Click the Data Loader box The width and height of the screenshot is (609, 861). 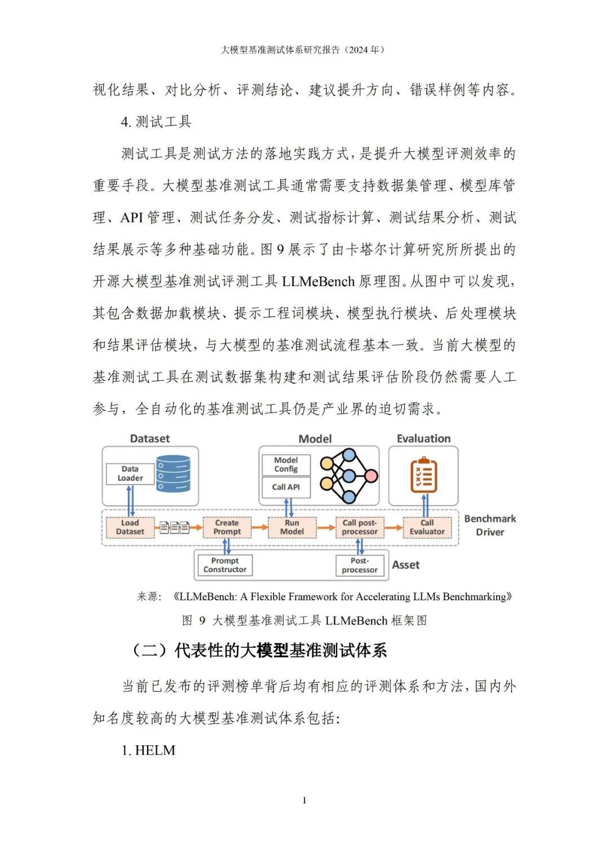coord(130,473)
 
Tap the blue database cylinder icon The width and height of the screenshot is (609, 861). coord(173,474)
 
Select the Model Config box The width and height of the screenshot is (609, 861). coord(286,464)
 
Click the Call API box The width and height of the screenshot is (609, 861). coord(286,487)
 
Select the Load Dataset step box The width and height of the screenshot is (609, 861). coord(130,527)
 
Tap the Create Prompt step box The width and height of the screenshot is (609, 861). coord(227,527)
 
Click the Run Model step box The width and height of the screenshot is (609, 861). coord(292,527)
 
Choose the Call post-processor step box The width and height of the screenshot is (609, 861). coord(360,527)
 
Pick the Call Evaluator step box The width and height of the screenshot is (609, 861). coord(427,527)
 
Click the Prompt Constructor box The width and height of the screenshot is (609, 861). coord(225,565)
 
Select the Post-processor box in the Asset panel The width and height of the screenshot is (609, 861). coord(360,565)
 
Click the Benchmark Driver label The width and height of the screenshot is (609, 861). coord(490,525)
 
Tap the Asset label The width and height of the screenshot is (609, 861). coord(406,565)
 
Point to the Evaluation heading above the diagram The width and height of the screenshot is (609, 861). coord(423,438)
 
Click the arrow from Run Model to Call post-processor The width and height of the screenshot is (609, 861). coord(325,528)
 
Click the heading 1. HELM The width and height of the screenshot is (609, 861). coord(148,750)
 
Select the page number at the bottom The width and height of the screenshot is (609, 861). coord(304,800)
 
